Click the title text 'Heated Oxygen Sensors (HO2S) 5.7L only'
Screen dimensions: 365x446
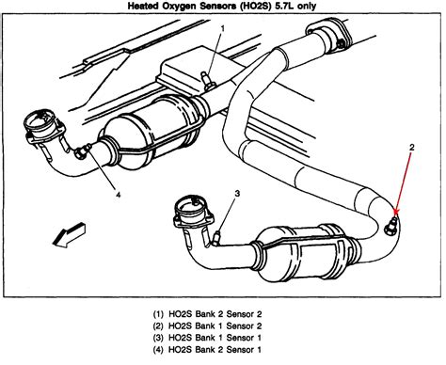pos(223,8)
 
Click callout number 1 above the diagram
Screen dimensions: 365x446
pos(221,29)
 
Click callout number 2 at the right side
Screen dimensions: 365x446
pos(411,147)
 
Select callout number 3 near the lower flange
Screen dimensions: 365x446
pos(237,194)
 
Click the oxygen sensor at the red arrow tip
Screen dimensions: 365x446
pos(391,223)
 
